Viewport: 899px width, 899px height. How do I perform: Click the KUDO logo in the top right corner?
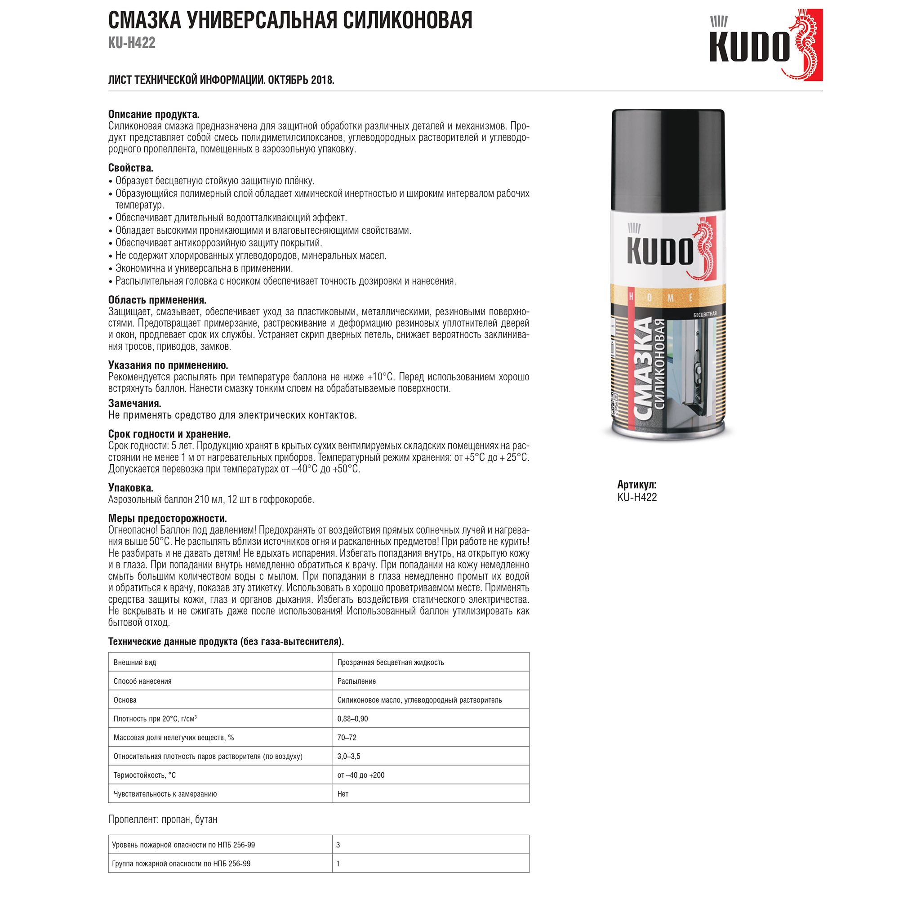765,45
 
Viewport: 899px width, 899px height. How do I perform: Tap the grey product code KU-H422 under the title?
132,43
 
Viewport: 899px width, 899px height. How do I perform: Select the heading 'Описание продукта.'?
154,115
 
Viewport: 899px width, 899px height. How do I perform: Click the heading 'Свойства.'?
131,168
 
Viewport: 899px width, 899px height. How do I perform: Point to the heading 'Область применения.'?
157,300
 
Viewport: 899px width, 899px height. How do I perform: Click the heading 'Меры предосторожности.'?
168,518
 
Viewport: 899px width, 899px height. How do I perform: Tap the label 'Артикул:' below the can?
636,485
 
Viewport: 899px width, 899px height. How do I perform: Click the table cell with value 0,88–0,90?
352,719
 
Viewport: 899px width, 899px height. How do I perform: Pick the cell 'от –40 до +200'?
360,775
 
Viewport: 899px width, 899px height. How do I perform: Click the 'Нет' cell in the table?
343,794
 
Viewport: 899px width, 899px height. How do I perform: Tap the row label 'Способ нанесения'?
142,681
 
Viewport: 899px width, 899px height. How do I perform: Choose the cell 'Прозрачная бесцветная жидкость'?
391,663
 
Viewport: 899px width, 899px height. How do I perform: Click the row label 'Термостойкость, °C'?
145,775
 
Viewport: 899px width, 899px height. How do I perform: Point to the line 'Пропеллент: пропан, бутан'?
163,819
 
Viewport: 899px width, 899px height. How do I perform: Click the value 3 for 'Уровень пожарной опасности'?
338,845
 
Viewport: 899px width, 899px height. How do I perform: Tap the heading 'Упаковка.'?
131,488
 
